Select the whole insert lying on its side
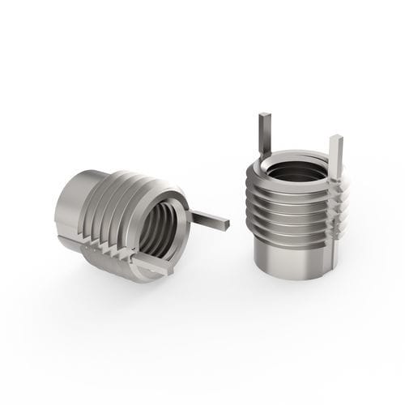point(130,223)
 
